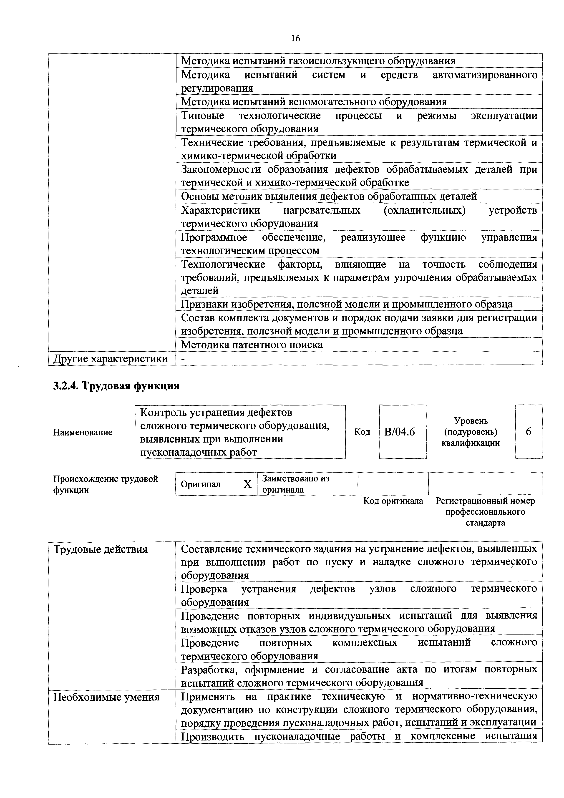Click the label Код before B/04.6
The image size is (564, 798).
click(x=362, y=432)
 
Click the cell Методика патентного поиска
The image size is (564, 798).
click(x=252, y=345)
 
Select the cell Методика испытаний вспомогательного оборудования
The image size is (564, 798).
click(x=314, y=102)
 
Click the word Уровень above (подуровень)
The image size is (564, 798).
click(x=471, y=421)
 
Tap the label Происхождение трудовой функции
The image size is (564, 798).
click(x=105, y=484)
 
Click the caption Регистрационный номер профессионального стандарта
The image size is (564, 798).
click(x=485, y=512)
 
